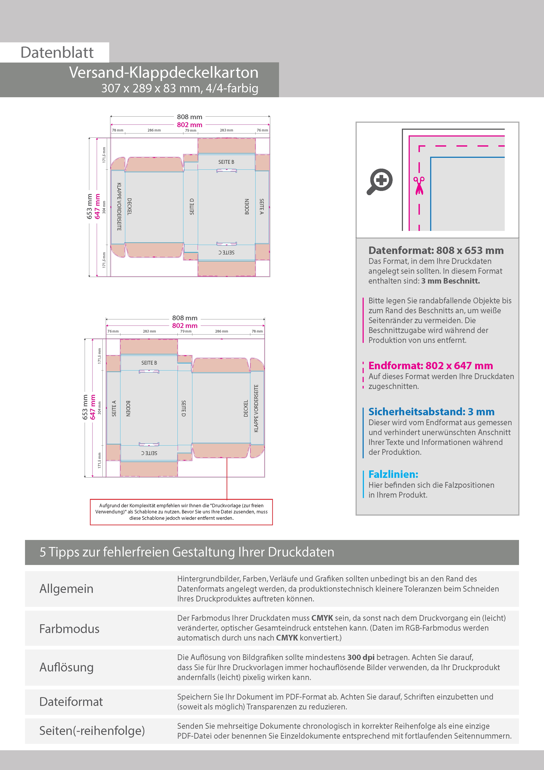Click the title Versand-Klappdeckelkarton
[x=164, y=72]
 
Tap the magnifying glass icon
[x=380, y=181]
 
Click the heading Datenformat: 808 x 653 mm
[x=436, y=250]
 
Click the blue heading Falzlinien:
[x=393, y=474]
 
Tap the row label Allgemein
[x=66, y=588]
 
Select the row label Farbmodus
[x=69, y=628]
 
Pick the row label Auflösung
[x=66, y=667]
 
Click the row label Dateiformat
[x=71, y=702]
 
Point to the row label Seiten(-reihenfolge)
[x=92, y=730]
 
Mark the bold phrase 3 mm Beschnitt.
[x=451, y=281]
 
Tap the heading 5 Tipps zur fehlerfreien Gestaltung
[x=187, y=552]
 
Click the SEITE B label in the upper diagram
[x=226, y=162]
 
